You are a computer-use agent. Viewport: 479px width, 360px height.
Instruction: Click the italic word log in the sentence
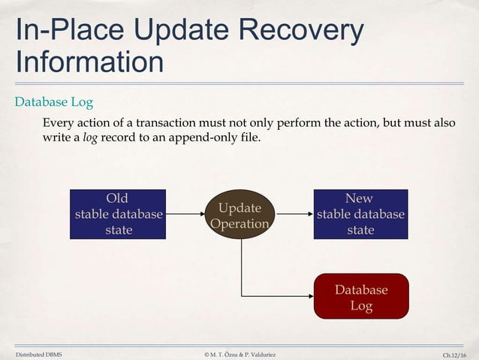tap(89, 138)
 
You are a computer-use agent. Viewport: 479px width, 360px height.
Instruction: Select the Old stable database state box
tap(118, 214)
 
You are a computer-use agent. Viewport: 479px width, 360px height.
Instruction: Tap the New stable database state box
tap(360, 214)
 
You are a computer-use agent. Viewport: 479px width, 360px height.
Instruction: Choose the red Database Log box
tap(361, 297)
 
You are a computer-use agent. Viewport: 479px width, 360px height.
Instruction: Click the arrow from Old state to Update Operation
tap(185, 214)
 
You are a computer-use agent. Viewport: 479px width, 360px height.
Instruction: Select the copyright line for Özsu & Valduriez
tap(239, 353)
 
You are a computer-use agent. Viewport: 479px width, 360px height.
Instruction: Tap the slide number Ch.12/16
tap(453, 353)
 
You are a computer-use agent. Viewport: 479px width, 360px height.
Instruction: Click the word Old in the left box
tap(117, 198)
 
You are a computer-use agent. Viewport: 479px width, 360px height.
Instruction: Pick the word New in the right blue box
tap(360, 198)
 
